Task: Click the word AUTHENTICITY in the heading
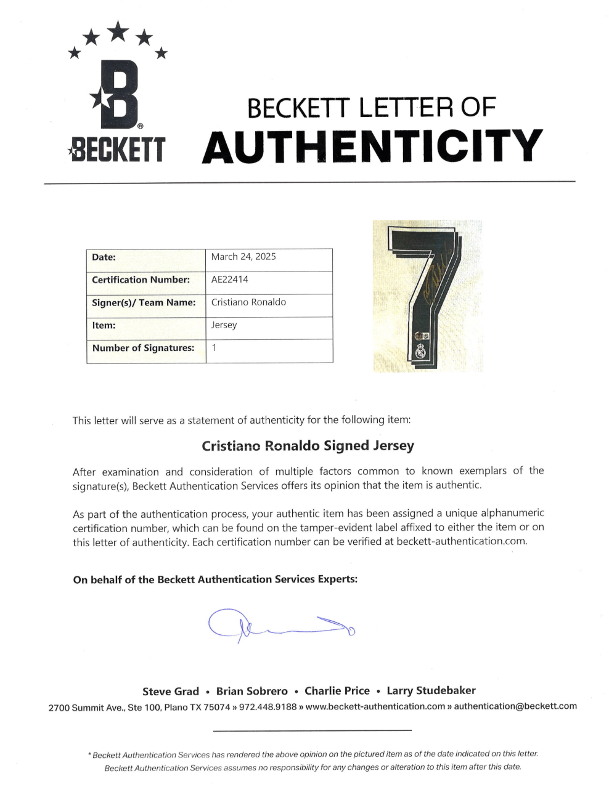point(372,147)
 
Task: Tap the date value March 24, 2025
point(243,257)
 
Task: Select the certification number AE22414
point(230,280)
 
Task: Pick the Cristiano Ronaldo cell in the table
point(248,302)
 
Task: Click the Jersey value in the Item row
point(224,325)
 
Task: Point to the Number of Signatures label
point(143,349)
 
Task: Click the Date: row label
point(104,257)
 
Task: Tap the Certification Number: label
point(141,280)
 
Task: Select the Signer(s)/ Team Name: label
point(144,303)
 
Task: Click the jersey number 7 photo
point(428,296)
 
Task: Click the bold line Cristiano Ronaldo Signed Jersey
point(308,446)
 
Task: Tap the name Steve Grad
point(171,691)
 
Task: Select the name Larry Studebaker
point(431,691)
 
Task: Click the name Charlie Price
point(337,691)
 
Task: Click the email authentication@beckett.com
point(515,706)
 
